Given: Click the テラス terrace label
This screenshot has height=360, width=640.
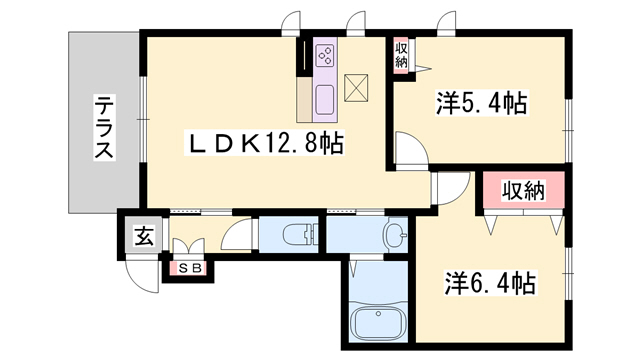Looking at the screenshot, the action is coord(104,127).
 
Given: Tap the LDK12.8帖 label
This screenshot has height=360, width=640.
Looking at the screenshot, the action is coord(264,142).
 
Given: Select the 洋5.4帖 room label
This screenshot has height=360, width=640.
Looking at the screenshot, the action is coord(482,103).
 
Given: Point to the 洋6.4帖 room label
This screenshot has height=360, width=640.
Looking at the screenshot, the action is coord(490,283).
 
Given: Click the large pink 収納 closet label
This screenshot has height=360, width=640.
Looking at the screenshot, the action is coord(523,191).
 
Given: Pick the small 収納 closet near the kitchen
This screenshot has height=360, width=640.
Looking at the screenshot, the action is coord(401,56).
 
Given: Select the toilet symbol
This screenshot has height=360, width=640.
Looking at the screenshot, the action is coord(300,235).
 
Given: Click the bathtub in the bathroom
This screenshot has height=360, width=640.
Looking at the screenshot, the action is coord(379,322).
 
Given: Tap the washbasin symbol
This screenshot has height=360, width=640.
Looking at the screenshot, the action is coord(395,235).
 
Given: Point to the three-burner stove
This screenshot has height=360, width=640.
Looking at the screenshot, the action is coord(325,55).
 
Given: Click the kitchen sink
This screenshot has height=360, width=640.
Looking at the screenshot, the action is coord(325,100).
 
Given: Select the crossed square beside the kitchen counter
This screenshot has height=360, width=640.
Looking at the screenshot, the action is coord(356,88).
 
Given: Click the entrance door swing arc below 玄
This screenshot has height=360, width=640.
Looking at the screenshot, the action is coord(141,277).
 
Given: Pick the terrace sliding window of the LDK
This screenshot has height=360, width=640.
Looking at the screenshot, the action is coord(143,118).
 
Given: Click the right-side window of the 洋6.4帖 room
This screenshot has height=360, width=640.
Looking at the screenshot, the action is coord(568,273).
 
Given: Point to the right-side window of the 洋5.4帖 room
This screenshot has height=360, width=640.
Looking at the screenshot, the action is coord(568,130).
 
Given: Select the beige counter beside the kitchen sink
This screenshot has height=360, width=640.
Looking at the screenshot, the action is coord(304,99).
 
